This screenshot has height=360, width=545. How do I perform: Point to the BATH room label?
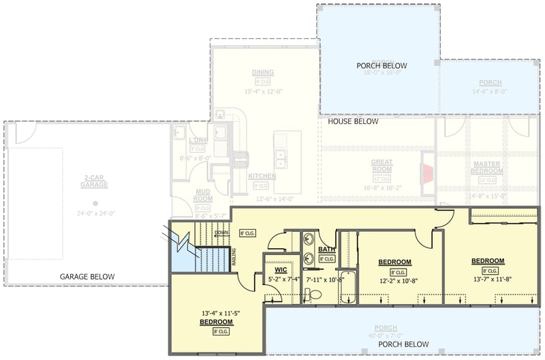[x=326, y=250]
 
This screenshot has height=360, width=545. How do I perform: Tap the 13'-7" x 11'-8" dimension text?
[x=488, y=269]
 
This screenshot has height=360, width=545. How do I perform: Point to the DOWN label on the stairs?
[x=221, y=232]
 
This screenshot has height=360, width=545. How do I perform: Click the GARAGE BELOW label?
[x=87, y=277]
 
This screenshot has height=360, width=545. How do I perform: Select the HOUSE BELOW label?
[x=352, y=121]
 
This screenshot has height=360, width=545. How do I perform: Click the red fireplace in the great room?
[x=427, y=174]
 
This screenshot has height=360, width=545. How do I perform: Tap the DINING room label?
[x=262, y=72]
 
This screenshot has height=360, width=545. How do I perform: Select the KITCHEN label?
[x=262, y=176]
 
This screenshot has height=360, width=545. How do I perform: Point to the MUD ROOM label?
[x=203, y=195]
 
